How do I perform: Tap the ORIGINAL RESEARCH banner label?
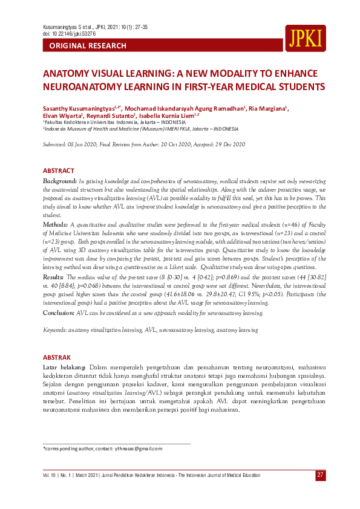88,46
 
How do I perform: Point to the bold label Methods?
56,224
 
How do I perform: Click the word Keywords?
54,330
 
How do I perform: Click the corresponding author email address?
140,449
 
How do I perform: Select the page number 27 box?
320,475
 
